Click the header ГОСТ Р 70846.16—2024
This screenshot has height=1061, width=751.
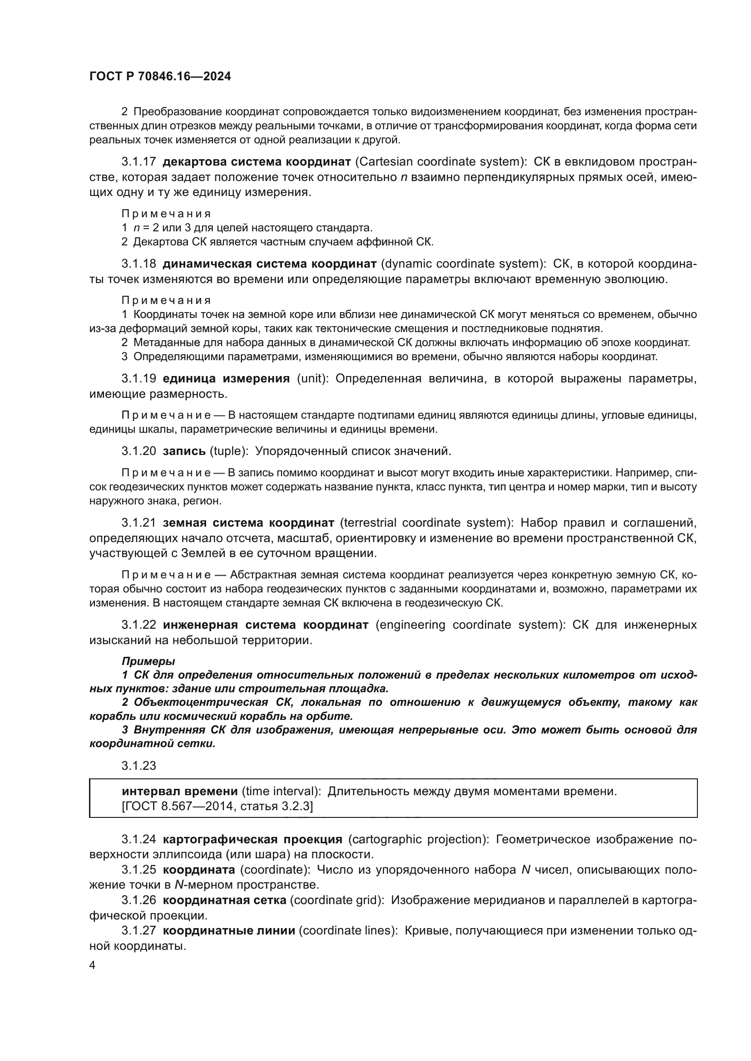(x=160, y=77)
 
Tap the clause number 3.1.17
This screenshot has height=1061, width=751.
(x=139, y=162)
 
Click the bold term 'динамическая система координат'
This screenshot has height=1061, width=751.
(x=269, y=264)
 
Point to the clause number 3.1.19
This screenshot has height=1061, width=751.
(x=139, y=378)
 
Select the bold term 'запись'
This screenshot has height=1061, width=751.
(x=184, y=451)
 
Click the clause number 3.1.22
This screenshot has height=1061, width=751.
(x=139, y=625)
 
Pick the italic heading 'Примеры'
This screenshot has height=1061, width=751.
(x=148, y=661)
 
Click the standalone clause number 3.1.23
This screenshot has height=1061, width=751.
(x=139, y=766)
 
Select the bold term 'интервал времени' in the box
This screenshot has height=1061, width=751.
(x=179, y=792)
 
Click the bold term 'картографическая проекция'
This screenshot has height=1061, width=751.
(x=252, y=839)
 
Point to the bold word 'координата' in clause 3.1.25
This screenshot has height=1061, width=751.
(x=199, y=870)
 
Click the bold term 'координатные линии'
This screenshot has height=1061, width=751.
(x=229, y=931)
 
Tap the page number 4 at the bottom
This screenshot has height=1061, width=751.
(x=92, y=965)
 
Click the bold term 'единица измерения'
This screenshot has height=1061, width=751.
(x=226, y=378)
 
